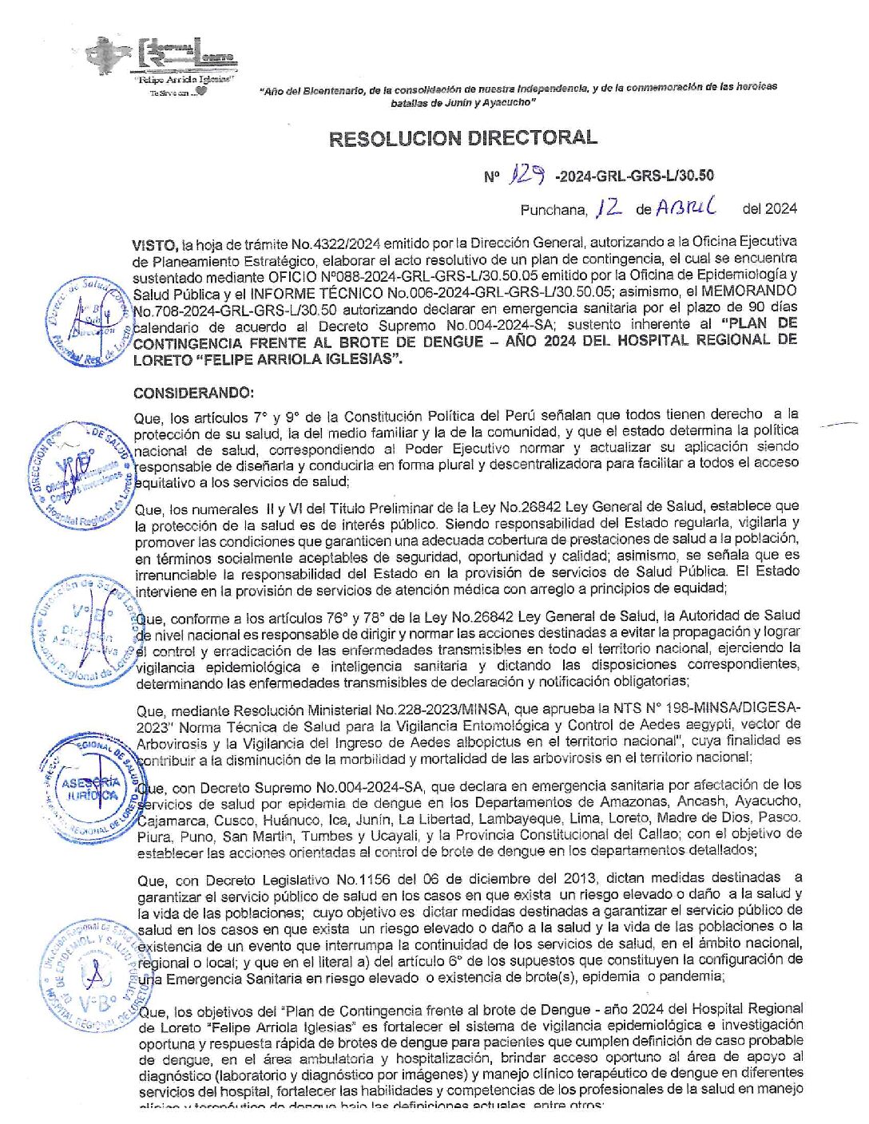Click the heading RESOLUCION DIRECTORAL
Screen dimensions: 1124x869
pos(462,138)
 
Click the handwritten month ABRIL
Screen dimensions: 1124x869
pos(686,208)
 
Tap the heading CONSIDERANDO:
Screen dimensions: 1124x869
pos(193,393)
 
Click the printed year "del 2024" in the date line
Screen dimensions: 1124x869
pos(769,209)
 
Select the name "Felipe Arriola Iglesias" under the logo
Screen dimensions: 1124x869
pos(184,80)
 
